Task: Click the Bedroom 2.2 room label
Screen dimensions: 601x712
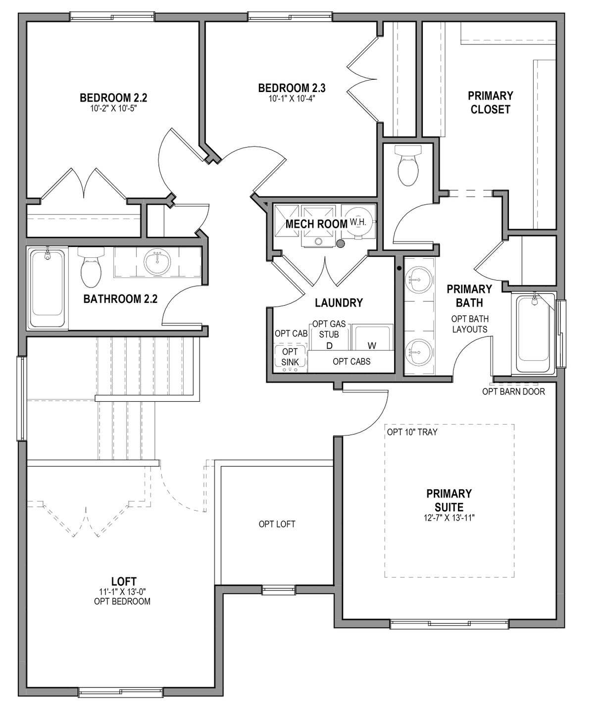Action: [113, 98]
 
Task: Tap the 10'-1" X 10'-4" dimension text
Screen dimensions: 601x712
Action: [292, 99]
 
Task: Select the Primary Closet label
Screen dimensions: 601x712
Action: [490, 102]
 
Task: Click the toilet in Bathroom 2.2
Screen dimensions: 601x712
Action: [91, 267]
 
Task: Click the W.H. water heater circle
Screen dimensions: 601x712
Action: [358, 222]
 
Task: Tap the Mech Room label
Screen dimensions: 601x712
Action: [316, 224]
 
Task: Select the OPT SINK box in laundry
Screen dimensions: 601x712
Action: [290, 358]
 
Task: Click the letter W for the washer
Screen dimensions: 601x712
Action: [372, 346]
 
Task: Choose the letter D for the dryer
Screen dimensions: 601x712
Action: [329, 346]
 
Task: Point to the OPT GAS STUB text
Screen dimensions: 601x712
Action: [329, 329]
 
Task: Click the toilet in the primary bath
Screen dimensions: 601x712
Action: [408, 165]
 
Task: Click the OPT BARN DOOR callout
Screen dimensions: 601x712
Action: [513, 392]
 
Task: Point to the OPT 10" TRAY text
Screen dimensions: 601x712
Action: [412, 432]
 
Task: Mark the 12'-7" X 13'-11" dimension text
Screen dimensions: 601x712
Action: [449, 518]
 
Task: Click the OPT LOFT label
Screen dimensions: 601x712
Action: [277, 524]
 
